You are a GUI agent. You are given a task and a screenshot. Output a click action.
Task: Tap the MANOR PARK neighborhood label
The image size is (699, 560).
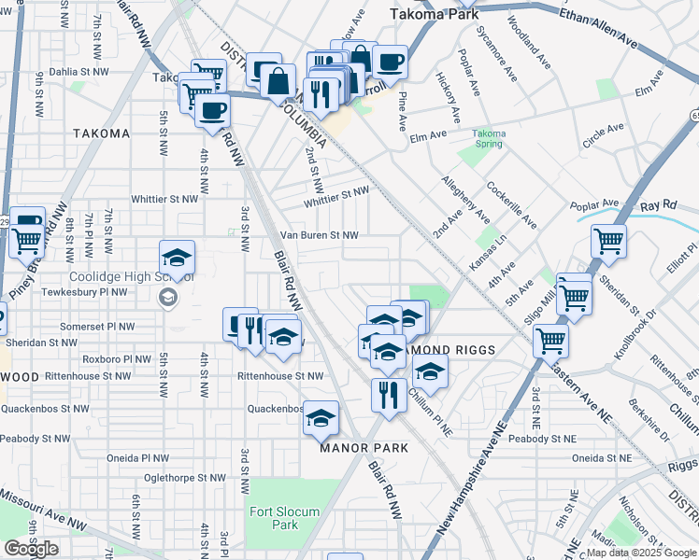(x=364, y=448)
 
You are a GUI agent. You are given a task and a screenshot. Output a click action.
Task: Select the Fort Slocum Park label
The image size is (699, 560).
(x=284, y=518)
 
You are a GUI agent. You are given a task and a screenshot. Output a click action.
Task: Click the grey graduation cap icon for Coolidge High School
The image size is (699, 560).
(x=168, y=297)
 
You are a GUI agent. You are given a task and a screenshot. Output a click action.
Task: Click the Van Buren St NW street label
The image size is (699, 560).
(x=321, y=235)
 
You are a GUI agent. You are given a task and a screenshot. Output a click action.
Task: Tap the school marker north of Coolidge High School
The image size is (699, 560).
(x=176, y=257)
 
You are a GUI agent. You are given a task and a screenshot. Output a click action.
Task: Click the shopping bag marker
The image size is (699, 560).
(x=278, y=81)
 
